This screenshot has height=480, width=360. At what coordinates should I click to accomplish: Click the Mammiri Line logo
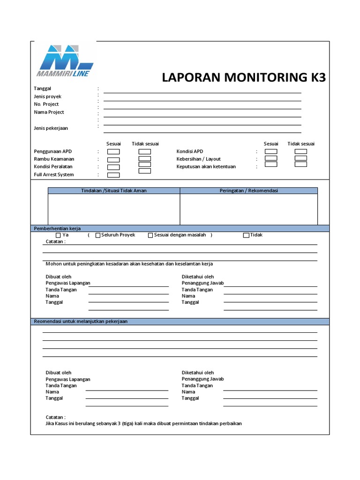click(65, 60)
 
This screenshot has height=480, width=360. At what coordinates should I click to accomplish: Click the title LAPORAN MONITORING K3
click(243, 77)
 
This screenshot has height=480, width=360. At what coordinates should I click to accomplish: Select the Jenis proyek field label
click(47, 96)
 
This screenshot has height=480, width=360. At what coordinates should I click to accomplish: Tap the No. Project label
click(46, 104)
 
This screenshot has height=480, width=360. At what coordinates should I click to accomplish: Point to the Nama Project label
click(49, 112)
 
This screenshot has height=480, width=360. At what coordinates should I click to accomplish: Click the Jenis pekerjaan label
click(51, 128)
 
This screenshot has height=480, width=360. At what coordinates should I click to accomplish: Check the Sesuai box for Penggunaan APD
click(113, 151)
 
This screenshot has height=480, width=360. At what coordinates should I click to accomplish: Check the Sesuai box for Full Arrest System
click(113, 175)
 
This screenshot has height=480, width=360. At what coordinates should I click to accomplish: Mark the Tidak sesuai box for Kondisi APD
click(300, 151)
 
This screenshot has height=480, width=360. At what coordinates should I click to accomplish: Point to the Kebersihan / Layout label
click(198, 159)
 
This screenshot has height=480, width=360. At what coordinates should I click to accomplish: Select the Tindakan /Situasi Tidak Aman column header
click(114, 191)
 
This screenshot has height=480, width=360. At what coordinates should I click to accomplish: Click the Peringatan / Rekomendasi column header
click(249, 191)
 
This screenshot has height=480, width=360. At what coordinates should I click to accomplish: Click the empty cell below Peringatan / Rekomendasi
click(249, 209)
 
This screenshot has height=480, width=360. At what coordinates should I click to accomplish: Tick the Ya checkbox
click(58, 235)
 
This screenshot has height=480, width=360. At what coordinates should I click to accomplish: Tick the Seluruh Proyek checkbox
click(97, 235)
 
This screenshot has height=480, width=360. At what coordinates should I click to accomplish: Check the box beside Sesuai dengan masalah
click(150, 235)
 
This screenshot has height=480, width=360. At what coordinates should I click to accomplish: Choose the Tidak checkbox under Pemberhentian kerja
click(246, 235)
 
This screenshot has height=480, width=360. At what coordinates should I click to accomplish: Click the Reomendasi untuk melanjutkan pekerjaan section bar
click(180, 322)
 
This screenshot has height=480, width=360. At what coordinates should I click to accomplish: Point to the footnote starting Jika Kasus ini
click(143, 423)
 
